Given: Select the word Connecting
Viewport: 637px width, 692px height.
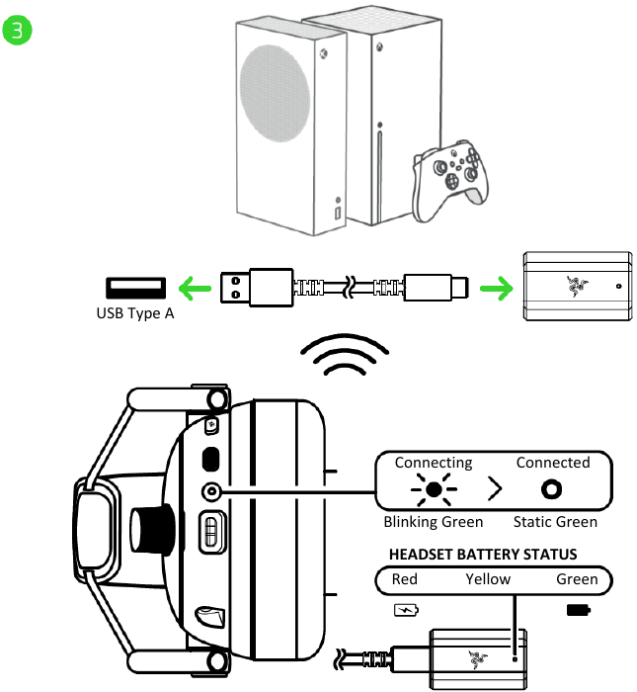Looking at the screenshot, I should pos(434,463).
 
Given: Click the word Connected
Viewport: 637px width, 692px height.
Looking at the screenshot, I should pos(553,463).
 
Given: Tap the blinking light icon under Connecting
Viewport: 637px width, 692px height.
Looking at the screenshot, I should pos(433,490).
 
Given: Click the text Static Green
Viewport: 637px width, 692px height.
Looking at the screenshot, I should pos(555,522).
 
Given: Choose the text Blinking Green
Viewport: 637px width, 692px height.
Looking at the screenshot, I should pos(434,522).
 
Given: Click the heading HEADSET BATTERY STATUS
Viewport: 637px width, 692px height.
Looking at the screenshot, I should pos(483,555).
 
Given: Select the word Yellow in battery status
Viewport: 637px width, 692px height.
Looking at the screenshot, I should pos(488,579).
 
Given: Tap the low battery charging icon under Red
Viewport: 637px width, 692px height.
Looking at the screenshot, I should pos(405,609).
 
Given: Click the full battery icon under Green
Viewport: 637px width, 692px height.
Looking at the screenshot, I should pos(577,609).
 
